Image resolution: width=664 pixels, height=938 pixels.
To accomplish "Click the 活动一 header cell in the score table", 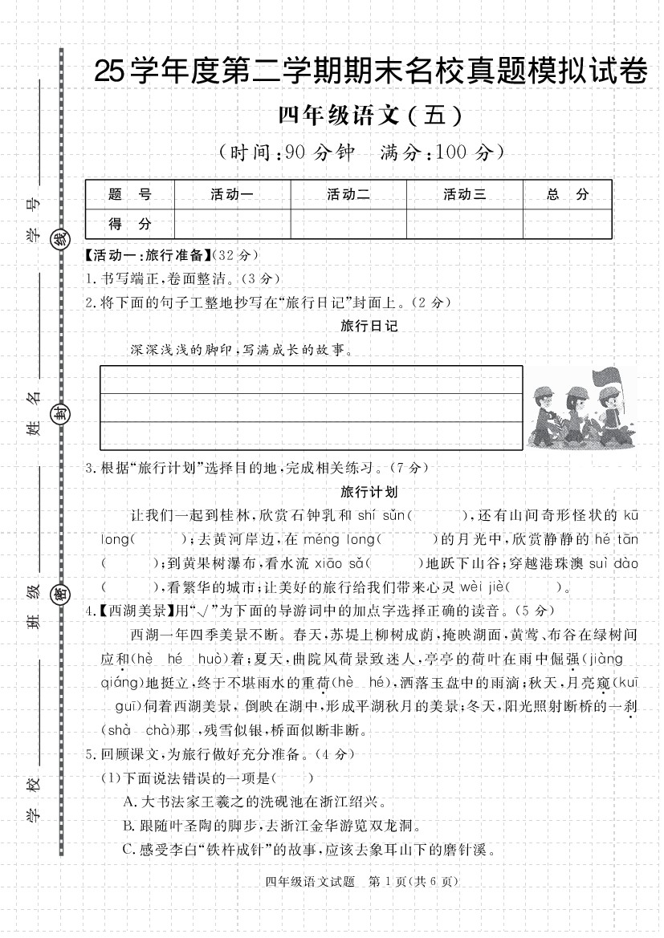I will point(232,194).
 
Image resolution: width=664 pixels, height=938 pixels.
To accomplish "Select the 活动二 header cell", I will point(348,194).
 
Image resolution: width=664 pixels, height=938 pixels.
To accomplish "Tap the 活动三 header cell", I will point(465,194).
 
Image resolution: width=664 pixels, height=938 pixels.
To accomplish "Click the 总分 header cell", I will point(568,194).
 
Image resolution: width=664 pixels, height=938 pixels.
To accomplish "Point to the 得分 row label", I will point(129,224).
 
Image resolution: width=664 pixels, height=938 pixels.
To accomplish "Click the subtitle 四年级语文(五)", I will point(371,117).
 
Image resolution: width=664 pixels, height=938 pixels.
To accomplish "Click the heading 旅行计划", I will point(369,491).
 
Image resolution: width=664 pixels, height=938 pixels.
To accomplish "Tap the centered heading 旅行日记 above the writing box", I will point(369,326).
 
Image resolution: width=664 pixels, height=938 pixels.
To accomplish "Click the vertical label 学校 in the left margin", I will point(33,798).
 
